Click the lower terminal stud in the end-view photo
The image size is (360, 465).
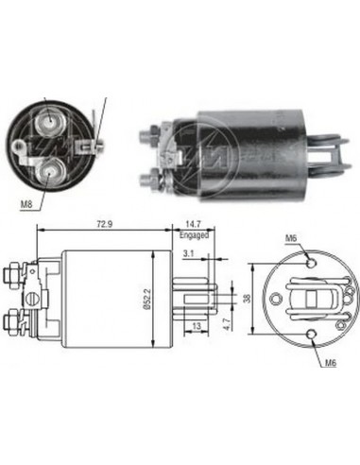point(47,168)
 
